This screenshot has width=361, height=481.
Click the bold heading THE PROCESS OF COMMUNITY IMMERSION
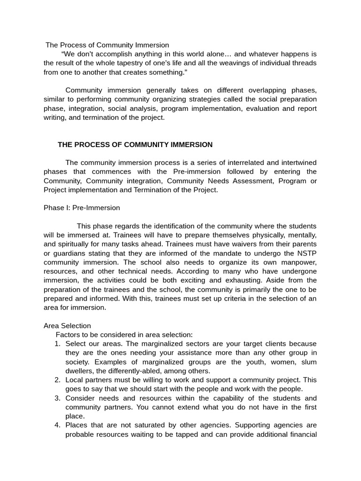coord(135,145)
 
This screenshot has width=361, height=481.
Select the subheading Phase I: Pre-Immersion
coord(82,208)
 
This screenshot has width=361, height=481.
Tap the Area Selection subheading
coord(67,326)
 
